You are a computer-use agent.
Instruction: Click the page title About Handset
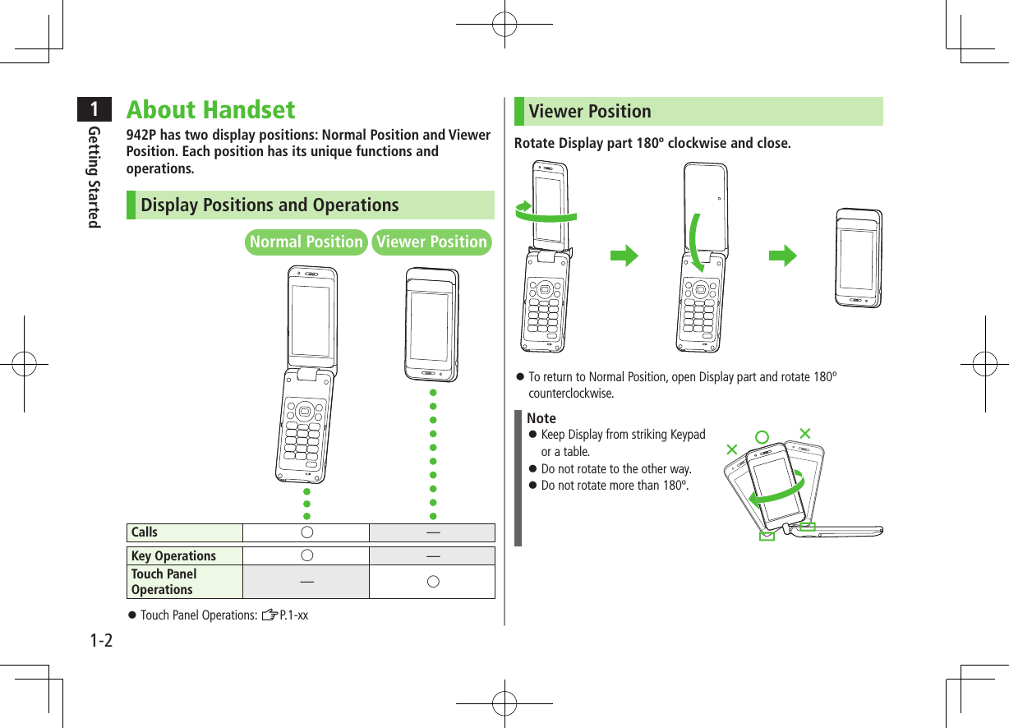(x=210, y=110)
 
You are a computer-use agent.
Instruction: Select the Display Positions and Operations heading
(x=270, y=205)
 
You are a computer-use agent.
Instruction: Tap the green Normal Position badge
(x=306, y=242)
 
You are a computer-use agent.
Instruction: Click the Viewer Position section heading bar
(x=698, y=112)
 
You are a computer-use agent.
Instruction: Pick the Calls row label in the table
(x=145, y=532)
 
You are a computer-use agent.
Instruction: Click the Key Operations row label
(x=173, y=556)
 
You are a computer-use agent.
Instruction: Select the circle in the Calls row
(x=306, y=532)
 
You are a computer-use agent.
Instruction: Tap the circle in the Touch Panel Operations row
(x=432, y=582)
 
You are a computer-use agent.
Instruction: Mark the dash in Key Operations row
(x=432, y=556)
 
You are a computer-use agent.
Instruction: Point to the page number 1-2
(x=101, y=638)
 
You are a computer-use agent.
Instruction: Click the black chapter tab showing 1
(x=97, y=108)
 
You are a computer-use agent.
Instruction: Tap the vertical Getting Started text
(x=95, y=177)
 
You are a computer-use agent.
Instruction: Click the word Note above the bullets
(x=541, y=418)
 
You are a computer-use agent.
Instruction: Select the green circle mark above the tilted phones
(x=762, y=435)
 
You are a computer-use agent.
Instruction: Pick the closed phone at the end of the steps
(x=859, y=258)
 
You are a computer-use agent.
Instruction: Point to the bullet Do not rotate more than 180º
(x=615, y=486)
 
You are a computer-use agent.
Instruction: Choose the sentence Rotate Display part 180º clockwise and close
(x=652, y=144)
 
